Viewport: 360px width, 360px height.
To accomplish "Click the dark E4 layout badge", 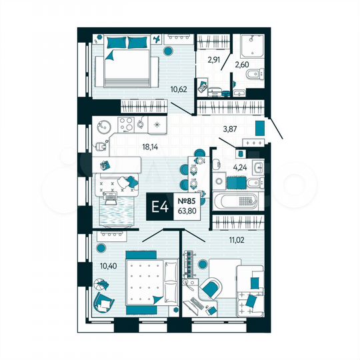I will [x=161, y=207].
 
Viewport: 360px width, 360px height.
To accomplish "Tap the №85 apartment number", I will [x=187, y=199].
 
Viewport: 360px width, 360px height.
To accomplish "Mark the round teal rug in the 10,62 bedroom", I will [x=167, y=50].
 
